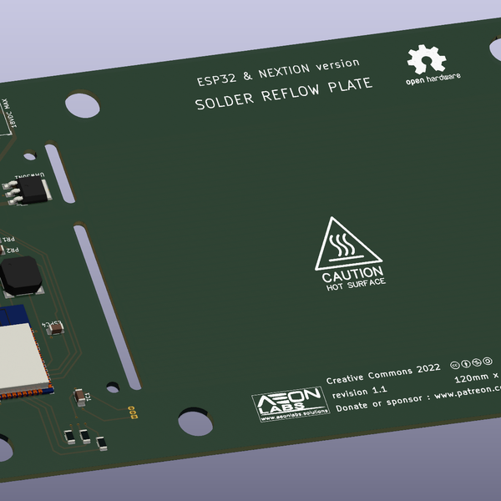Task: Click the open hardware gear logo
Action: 425,60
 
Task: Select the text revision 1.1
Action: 359,391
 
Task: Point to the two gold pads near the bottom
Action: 132,410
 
